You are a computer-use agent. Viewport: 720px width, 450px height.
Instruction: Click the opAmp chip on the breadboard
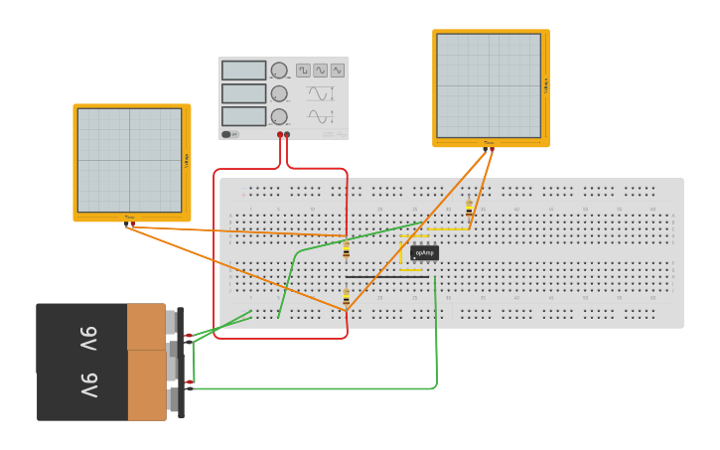[424, 253]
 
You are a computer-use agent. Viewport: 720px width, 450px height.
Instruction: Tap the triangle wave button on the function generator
[337, 71]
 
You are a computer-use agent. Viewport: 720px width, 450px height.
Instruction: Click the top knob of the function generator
[279, 71]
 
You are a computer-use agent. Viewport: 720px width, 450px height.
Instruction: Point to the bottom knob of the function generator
[279, 116]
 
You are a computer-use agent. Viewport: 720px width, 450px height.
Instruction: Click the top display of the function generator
[243, 71]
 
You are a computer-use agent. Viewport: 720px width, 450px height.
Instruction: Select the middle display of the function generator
[243, 93]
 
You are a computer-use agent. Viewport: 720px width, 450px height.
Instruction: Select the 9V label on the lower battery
[88, 384]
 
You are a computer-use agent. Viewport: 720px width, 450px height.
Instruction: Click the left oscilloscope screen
[129, 160]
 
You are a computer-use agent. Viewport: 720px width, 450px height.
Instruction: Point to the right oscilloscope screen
[489, 85]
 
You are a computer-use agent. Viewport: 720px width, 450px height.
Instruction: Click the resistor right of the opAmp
[469, 209]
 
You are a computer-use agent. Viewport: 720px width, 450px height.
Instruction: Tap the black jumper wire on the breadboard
[387, 276]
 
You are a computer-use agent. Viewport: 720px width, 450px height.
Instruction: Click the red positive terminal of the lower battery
[189, 381]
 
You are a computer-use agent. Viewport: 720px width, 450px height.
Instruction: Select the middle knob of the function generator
[279, 93]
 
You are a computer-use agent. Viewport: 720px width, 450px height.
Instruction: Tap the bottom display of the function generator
[243, 116]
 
